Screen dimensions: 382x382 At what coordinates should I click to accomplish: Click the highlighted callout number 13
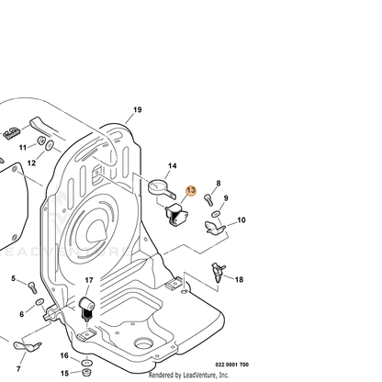tap(191, 190)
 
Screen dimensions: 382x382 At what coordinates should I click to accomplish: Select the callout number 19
tap(138, 109)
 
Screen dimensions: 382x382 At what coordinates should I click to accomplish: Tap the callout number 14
tap(173, 165)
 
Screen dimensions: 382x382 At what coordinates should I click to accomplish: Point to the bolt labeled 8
tap(208, 199)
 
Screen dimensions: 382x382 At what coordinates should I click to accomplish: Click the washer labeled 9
tap(216, 214)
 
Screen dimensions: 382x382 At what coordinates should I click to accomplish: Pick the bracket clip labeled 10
tap(215, 228)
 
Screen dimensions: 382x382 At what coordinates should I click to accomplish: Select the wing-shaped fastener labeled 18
tap(219, 273)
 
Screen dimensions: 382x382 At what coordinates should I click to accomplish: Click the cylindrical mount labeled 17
tap(86, 309)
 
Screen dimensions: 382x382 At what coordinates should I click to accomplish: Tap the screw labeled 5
tap(32, 287)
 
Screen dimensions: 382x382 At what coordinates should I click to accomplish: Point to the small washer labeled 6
tap(39, 303)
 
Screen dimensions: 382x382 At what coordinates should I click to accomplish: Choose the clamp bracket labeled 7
tap(27, 346)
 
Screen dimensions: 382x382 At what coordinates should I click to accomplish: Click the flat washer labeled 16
tap(87, 363)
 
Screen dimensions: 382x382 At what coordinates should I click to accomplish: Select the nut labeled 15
tap(86, 372)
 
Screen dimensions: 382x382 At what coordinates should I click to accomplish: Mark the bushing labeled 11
tap(41, 140)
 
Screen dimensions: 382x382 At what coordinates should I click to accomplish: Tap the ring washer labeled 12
tap(50, 146)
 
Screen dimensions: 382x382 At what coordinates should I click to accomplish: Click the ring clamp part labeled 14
tap(161, 187)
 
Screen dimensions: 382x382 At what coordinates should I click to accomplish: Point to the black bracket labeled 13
tap(176, 214)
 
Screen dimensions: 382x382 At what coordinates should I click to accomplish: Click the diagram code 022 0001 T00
tap(232, 365)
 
